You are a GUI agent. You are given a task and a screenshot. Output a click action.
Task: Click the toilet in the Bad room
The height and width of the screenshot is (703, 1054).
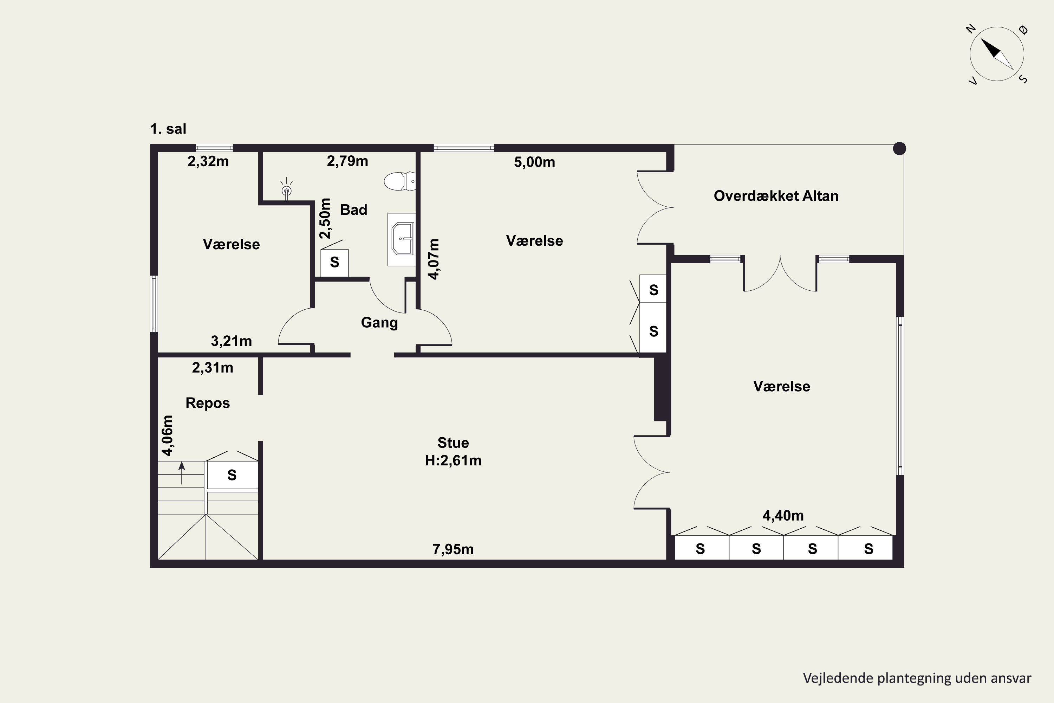click(x=400, y=181)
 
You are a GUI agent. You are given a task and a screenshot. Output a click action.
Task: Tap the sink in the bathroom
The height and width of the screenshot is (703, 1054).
click(x=402, y=239)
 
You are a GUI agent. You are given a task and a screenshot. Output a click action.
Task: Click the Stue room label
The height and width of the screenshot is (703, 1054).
click(x=453, y=443)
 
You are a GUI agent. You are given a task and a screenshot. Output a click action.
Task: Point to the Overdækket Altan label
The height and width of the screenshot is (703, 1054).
click(x=776, y=196)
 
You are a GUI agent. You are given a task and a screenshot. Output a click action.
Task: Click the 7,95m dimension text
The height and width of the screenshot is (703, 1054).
click(x=453, y=549)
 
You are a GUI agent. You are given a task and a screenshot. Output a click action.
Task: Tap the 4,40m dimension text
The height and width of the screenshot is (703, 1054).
click(x=783, y=516)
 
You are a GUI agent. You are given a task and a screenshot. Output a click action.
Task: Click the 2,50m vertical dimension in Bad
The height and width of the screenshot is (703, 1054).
click(x=325, y=218)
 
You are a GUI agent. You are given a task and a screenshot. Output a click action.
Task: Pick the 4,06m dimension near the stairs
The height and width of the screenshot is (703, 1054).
click(x=167, y=436)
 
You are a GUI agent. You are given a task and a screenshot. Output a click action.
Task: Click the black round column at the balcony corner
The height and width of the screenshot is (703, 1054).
click(x=899, y=148)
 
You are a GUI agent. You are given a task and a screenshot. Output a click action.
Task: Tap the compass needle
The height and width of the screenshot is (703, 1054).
click(x=997, y=54)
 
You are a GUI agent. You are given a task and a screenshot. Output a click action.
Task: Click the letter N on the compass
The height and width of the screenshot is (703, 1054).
click(x=971, y=29)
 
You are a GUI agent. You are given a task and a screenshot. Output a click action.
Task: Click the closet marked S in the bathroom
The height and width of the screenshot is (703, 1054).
click(x=335, y=263)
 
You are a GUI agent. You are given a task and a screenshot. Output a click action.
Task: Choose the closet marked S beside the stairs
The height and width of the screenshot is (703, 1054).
click(x=232, y=475)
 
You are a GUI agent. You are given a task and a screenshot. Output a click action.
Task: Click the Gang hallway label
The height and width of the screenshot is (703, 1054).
click(x=379, y=323)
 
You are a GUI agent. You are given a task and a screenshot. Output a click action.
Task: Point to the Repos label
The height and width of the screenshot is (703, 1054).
click(x=208, y=403)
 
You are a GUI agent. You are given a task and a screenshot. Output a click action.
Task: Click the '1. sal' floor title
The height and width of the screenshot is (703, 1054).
click(x=168, y=129)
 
